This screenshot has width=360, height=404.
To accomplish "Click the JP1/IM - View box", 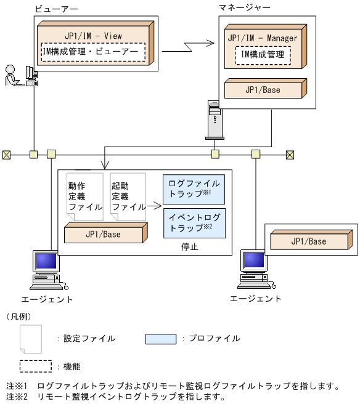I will (92, 35).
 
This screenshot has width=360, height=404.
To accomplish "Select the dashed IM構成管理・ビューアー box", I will (93, 52).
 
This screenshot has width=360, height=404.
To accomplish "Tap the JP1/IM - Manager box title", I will (262, 38).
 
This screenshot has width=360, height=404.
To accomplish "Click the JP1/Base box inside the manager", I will (263, 90).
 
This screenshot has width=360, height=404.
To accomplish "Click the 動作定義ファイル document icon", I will (84, 196).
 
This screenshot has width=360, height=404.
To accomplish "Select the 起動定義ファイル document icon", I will (128, 196).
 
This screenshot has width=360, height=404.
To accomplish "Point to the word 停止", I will (190, 246).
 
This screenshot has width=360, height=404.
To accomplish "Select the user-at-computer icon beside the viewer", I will (21, 76).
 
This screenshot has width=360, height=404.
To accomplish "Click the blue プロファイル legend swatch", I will (161, 338).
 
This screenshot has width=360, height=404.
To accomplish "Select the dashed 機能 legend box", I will (35, 366).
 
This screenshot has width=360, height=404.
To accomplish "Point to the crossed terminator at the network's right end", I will (290, 154).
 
